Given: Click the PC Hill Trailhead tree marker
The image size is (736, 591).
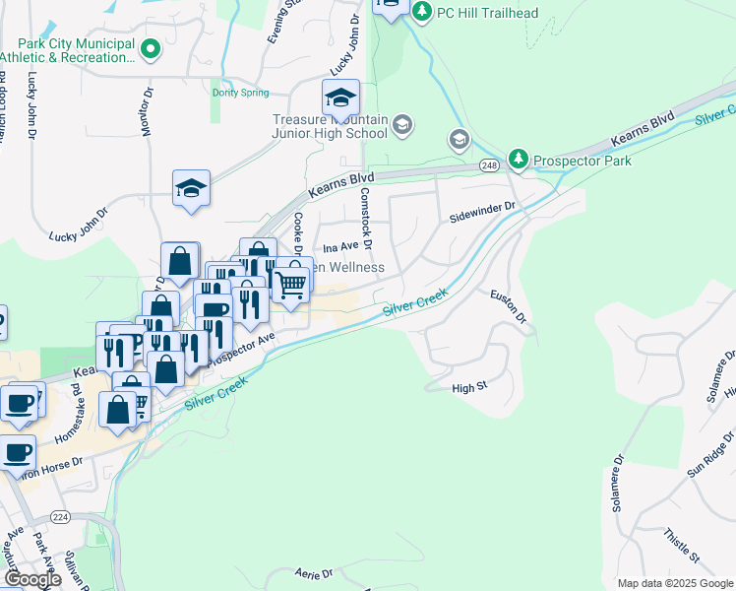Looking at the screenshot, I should click(x=422, y=11).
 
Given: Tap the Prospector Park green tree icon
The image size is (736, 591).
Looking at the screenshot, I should click(x=519, y=160).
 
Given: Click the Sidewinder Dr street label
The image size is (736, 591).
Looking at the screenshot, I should click(x=482, y=209).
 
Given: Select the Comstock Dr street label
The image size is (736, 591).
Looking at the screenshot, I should click(x=365, y=217).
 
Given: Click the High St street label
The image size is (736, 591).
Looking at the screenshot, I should click(x=469, y=389).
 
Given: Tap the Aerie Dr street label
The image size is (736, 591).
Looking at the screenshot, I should click(x=314, y=572).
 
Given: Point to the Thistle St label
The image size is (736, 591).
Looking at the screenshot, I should click(x=680, y=546).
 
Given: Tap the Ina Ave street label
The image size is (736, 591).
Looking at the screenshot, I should click(x=339, y=249).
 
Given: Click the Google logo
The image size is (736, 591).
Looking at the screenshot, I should click(x=32, y=579).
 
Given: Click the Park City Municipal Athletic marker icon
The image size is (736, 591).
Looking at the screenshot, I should click(x=151, y=48).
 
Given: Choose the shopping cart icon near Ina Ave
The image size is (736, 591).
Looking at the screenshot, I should click(x=290, y=284).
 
